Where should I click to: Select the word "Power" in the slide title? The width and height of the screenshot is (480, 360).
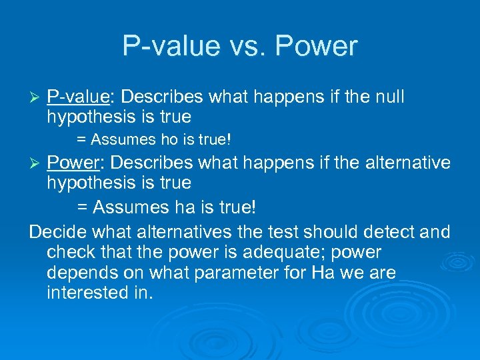(316, 46)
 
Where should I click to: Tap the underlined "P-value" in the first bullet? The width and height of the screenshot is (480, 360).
(78, 97)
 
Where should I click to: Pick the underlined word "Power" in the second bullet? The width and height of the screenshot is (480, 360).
(73, 163)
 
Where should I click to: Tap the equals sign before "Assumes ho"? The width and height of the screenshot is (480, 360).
(81, 140)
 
